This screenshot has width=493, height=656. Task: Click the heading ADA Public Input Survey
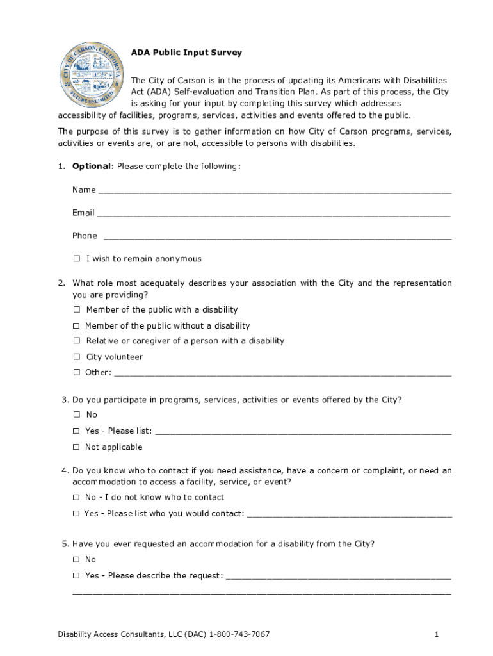(x=186, y=53)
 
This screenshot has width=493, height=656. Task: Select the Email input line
(x=273, y=214)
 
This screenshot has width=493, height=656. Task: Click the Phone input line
(x=277, y=237)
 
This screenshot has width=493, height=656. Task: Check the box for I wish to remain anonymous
(x=77, y=259)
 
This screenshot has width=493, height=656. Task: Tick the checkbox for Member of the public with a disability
(x=77, y=310)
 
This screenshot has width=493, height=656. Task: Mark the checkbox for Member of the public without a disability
(x=76, y=326)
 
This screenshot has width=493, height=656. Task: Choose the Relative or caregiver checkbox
(x=77, y=341)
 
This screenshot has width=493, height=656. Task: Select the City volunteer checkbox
(x=77, y=357)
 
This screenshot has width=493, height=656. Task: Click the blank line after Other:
(x=282, y=373)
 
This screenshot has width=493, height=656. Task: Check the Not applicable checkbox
(x=76, y=447)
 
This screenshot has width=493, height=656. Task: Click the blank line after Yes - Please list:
(x=303, y=432)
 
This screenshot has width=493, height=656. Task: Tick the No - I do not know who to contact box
(x=76, y=497)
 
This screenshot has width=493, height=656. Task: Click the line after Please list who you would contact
(x=349, y=514)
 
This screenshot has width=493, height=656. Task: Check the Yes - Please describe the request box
(x=76, y=575)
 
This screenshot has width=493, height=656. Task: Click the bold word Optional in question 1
(x=92, y=167)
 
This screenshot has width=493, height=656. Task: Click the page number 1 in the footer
(x=436, y=634)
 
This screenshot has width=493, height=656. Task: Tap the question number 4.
(x=65, y=471)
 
